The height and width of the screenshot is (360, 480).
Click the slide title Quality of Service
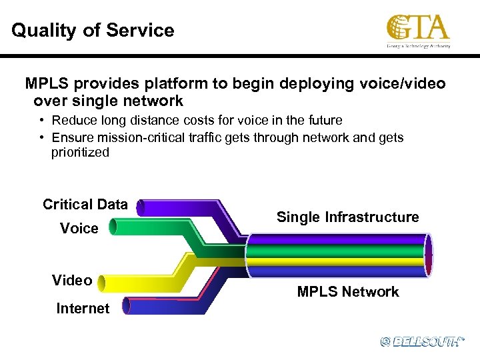pos(93,31)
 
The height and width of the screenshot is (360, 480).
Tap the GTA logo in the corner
pos(418,31)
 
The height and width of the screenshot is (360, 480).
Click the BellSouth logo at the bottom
pos(421,341)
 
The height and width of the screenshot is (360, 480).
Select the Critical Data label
pos(85,205)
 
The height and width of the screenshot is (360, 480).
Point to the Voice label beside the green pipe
pos(79,229)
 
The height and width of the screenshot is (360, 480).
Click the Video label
pos(72,281)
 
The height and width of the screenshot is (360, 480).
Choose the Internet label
pos(83,309)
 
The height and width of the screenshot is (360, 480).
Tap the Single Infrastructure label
pos(347,217)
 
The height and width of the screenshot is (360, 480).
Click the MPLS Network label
pos(347,292)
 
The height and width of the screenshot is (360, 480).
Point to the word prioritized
pos(80,153)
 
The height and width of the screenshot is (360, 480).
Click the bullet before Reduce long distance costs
pos(41,121)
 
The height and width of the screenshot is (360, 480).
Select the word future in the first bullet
pos(322,121)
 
